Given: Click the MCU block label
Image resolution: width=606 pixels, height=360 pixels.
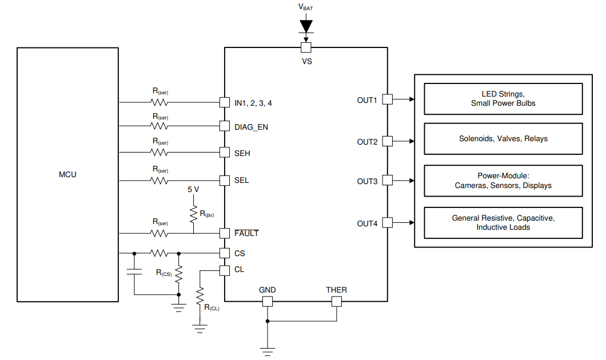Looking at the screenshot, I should (x=67, y=174).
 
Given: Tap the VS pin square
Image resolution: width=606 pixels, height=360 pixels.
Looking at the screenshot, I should (x=306, y=47).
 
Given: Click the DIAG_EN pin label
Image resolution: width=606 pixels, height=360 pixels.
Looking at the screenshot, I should (x=251, y=127).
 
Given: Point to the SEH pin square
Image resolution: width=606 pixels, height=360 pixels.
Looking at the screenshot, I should (x=225, y=153).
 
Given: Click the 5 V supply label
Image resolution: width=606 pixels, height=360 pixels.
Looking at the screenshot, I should (x=194, y=189).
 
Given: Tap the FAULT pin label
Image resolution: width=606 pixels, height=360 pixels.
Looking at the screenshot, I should (x=246, y=233).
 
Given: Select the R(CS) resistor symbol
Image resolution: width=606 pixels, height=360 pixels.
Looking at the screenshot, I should (x=179, y=274).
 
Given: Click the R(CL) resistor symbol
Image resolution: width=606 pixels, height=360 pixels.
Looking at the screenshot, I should (x=200, y=297).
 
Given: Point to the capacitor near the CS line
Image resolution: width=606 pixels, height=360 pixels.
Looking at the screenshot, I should (x=134, y=271).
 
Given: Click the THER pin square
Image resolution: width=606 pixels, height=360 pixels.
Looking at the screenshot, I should (x=336, y=301).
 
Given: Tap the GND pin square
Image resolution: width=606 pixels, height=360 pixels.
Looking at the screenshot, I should (x=267, y=301).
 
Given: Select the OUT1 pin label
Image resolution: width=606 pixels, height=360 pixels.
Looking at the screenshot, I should (x=368, y=100).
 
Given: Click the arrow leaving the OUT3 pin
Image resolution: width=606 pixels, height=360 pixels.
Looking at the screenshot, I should (x=404, y=180).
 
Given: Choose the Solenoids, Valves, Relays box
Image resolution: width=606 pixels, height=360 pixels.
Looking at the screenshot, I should (x=503, y=138).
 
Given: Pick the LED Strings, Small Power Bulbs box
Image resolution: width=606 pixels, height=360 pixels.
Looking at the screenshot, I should (x=503, y=99).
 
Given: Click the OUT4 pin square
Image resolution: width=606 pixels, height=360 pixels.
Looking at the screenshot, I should (x=387, y=222).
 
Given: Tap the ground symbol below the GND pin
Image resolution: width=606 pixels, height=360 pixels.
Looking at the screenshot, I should (x=267, y=349).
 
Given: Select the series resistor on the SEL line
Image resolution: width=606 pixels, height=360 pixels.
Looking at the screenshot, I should (x=159, y=180).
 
